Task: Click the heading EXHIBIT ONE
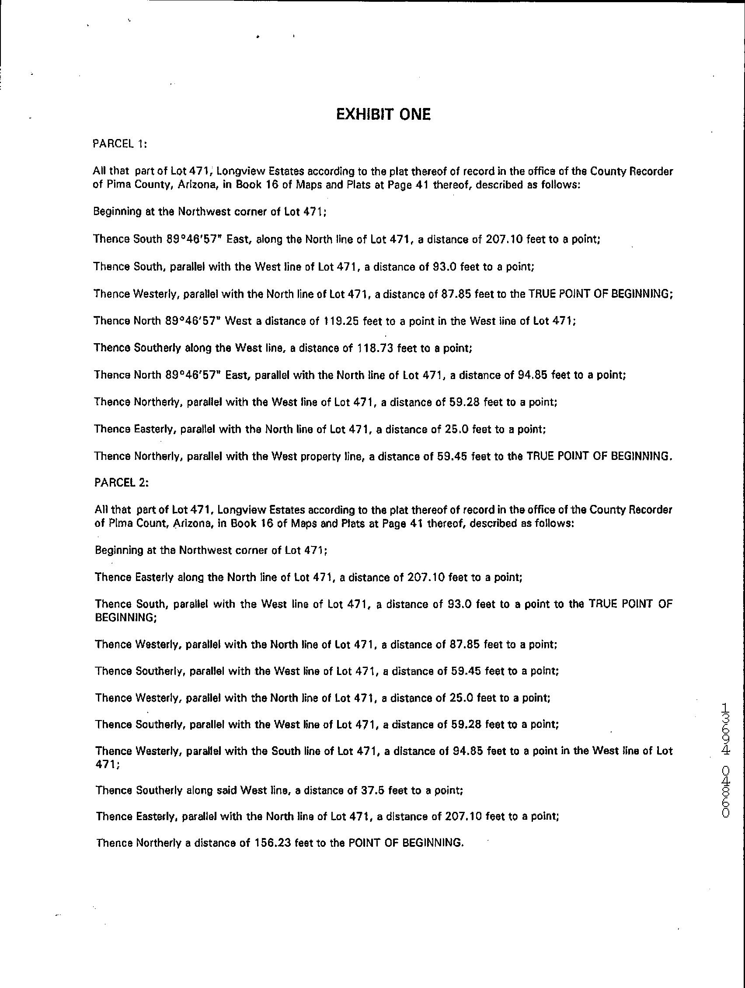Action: pos(383,115)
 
